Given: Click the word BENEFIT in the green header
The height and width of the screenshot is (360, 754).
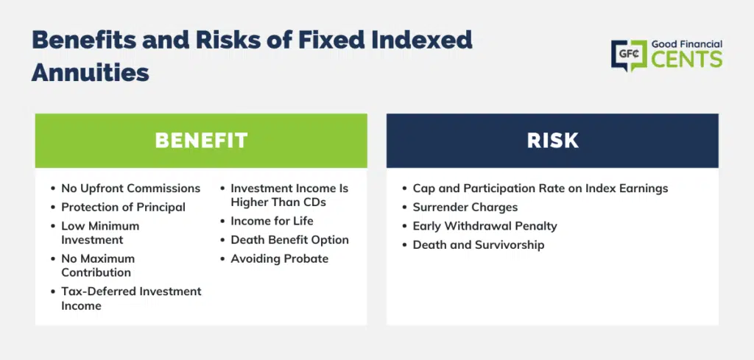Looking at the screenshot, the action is (201, 141).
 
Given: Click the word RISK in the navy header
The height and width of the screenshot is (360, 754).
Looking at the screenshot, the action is (552, 141).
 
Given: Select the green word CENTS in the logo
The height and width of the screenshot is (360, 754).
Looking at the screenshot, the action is (687, 59).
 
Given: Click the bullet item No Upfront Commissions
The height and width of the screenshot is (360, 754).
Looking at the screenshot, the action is (131, 188).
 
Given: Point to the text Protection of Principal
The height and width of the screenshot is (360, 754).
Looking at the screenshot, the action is (123, 207).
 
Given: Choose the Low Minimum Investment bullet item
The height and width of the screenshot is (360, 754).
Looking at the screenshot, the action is (100, 233).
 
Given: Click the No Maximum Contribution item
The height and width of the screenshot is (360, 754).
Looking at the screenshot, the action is (98, 265).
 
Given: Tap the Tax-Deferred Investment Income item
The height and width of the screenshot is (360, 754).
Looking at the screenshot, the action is (131, 298).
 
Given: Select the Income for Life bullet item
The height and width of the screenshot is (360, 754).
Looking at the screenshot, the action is (272, 221).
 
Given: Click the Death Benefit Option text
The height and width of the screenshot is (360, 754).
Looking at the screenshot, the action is (289, 240).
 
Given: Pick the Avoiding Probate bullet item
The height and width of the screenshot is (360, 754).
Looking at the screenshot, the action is (279, 258).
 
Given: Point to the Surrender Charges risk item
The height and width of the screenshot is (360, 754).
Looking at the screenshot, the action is (465, 207).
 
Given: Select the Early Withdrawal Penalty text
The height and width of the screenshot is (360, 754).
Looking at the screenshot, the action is (485, 226).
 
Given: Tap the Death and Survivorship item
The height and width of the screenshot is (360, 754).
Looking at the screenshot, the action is (479, 244).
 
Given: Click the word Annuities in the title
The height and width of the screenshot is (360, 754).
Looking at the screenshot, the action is (91, 73).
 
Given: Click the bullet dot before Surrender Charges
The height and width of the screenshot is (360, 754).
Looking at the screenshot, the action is (405, 208).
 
